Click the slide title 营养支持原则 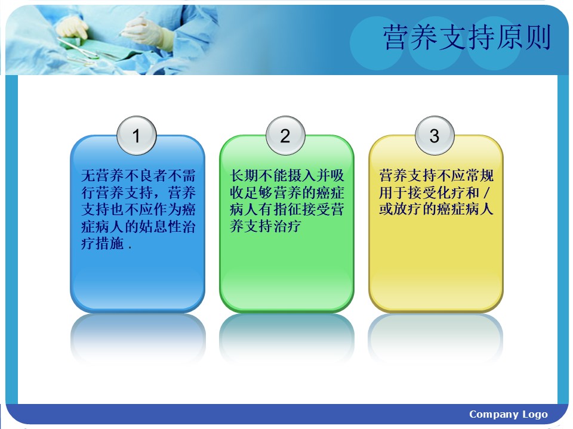pyautogui.click(x=467, y=37)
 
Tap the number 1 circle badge pyautogui.click(x=137, y=136)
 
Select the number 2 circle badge pyautogui.click(x=285, y=136)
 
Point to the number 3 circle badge pyautogui.click(x=435, y=136)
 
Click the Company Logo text pyautogui.click(x=509, y=415)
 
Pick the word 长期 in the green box pyautogui.click(x=244, y=175)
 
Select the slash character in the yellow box pyautogui.click(x=486, y=192)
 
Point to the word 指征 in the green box pyautogui.click(x=287, y=209)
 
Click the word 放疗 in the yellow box pyautogui.click(x=408, y=209)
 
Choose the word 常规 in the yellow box pyautogui.click(x=479, y=175)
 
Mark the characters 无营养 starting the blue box pyautogui.click(x=103, y=175)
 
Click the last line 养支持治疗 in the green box pyautogui.click(x=265, y=226)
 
